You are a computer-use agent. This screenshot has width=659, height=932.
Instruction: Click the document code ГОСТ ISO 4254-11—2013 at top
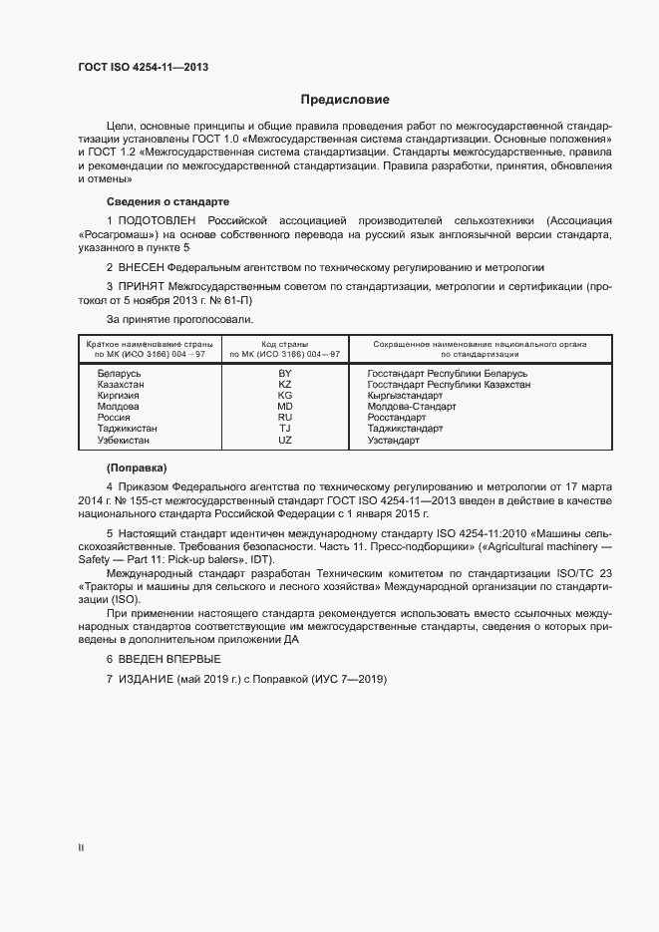coord(143,68)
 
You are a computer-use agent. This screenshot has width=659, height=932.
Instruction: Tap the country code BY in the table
coord(285,372)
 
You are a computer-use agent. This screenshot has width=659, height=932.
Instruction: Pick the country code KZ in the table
coord(285,384)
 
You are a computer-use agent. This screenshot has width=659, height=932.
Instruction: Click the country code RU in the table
coord(285,417)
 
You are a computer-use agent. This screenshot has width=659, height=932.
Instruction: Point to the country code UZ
coord(285,440)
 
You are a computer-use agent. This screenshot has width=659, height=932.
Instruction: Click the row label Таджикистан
coord(127,429)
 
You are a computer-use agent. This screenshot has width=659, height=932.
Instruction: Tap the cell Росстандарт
coord(397,417)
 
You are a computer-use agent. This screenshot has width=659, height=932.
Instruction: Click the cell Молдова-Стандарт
coord(411,406)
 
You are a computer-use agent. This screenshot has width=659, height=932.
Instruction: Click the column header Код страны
coord(285,343)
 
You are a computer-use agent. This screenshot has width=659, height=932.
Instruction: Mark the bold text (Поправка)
coord(137,467)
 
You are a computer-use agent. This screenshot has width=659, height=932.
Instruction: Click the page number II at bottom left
coord(81,848)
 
